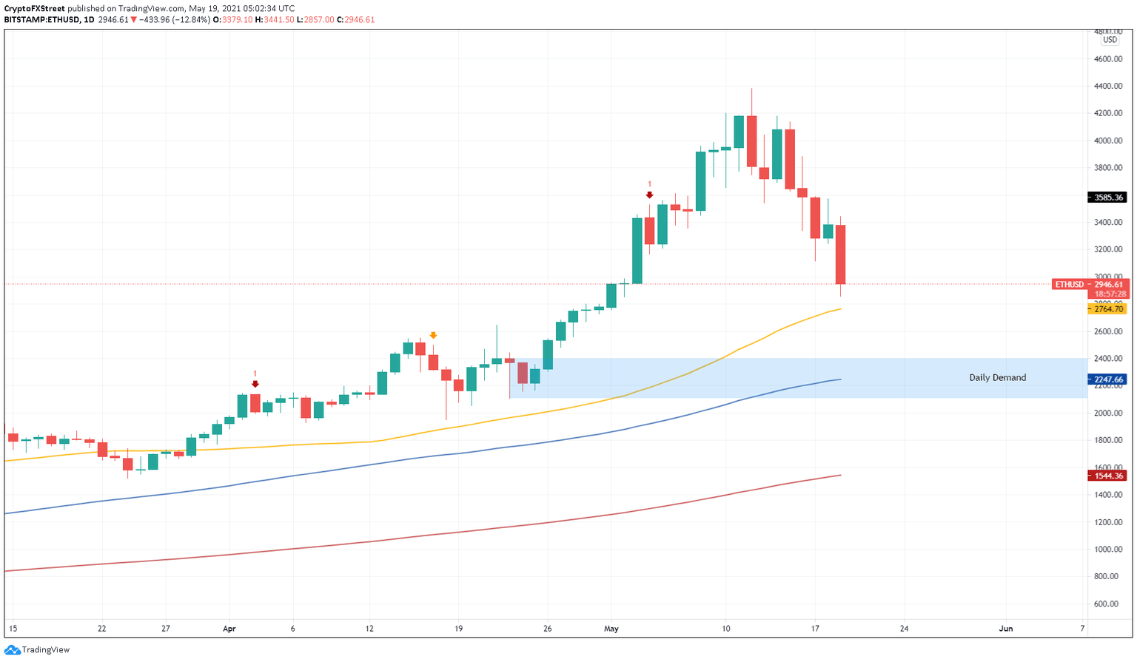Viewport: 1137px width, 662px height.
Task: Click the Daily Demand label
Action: [x=997, y=377]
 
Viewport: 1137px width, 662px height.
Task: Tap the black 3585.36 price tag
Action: [x=1107, y=197]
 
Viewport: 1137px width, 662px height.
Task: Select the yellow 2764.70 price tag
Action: [x=1107, y=309]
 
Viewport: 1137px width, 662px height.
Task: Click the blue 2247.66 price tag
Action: [x=1107, y=379]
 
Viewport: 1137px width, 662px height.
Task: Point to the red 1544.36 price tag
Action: [x=1107, y=476]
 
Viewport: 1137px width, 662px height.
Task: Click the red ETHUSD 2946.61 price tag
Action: [x=1088, y=284]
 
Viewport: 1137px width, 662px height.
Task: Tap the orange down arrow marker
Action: [x=433, y=335]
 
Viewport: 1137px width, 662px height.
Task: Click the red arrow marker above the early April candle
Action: [x=255, y=384]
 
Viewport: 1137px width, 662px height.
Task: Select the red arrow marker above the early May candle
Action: [x=649, y=195]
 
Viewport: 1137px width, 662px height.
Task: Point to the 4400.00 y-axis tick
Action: [x=1108, y=86]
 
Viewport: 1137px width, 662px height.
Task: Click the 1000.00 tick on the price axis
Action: [x=1108, y=549]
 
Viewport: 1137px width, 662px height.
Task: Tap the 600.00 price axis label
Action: [x=1110, y=604]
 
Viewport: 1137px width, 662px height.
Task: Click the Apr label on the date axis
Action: [x=229, y=629]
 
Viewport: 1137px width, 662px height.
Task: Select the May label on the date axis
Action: [x=611, y=629]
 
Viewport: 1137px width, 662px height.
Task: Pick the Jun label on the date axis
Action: [x=1005, y=629]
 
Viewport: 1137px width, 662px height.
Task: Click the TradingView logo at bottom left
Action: [x=37, y=649]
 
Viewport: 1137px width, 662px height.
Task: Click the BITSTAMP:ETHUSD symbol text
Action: [x=41, y=20]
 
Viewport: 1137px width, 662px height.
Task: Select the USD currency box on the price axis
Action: [x=1110, y=40]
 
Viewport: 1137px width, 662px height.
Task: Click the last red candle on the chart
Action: [x=841, y=254]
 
